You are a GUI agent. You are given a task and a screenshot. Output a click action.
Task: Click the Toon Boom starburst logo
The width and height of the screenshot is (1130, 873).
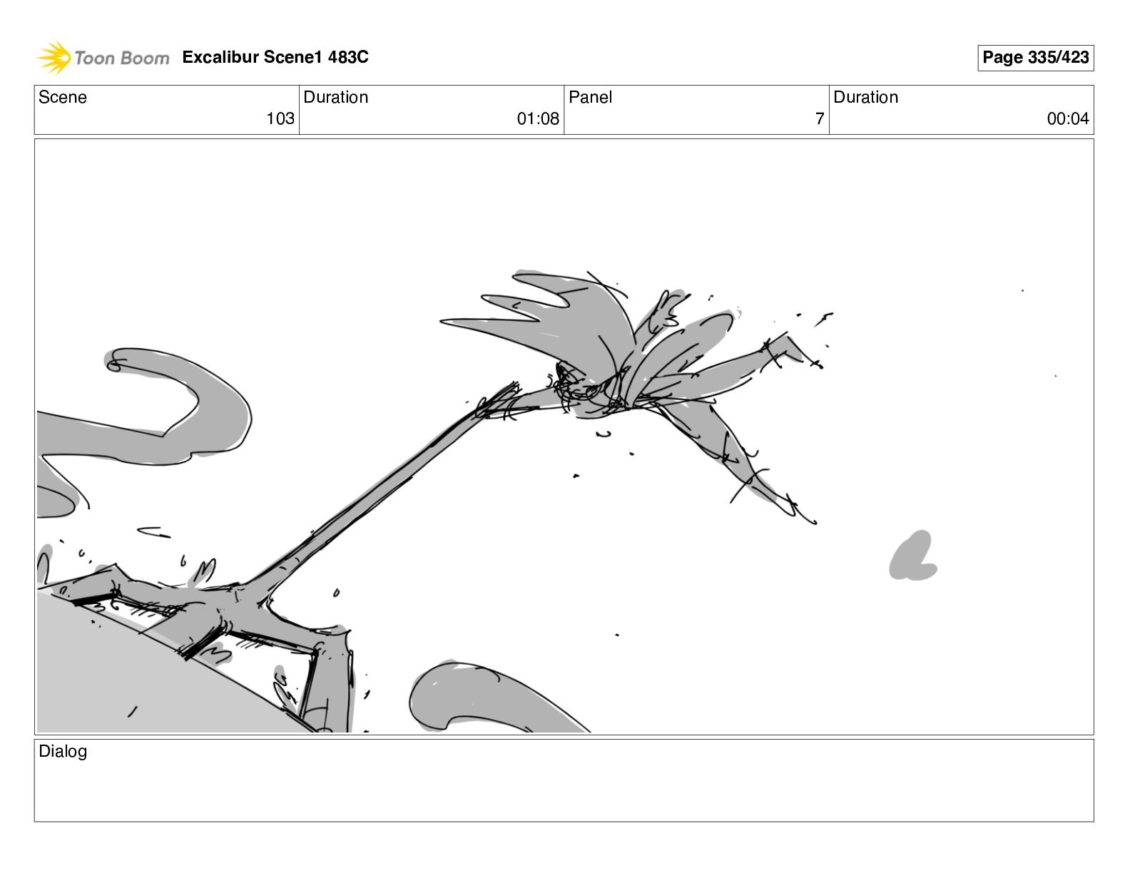coord(54,57)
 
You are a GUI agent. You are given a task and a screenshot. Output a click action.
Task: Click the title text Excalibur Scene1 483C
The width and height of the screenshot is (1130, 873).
coord(275,56)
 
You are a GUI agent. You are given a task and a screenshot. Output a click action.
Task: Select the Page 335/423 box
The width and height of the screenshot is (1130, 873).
coord(1035,58)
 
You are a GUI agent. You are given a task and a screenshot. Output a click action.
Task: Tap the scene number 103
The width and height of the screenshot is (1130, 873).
coord(280,118)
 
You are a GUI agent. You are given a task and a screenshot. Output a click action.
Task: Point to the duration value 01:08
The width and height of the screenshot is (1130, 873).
coord(538,118)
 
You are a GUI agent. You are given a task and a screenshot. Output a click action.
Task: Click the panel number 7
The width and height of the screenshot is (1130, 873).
coord(820,118)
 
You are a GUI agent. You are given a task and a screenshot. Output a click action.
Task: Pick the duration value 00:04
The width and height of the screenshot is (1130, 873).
coord(1068,118)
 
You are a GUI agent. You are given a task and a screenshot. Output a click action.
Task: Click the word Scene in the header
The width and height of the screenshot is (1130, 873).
coord(62,97)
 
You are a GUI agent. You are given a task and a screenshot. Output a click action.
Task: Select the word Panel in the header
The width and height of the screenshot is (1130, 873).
coord(590,97)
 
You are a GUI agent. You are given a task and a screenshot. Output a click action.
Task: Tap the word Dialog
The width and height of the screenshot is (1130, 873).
coord(63,752)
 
